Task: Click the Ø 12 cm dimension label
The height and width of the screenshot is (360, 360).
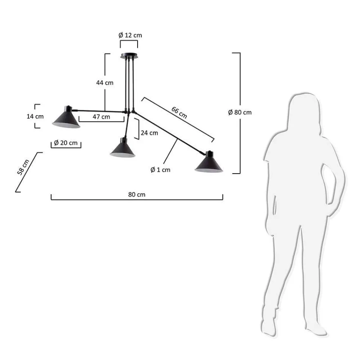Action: point(130,35)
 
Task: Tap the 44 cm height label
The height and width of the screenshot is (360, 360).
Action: point(104,82)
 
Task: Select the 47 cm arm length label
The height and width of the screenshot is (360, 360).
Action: point(101,117)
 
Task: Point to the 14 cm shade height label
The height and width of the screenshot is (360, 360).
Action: point(35,116)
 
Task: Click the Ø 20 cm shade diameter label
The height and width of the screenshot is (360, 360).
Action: point(66,143)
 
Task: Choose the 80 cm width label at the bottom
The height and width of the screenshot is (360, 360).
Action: point(136,194)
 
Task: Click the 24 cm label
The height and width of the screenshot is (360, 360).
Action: point(149,133)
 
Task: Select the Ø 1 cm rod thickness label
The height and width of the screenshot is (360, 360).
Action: point(160,170)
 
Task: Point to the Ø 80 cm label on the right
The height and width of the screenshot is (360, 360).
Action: point(240,112)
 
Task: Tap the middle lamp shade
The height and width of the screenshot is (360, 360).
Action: point(122,148)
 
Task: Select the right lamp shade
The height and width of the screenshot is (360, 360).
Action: point(209,164)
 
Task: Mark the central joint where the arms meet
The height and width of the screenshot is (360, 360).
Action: point(129,112)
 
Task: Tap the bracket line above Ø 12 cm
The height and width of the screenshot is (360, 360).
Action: point(129,41)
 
